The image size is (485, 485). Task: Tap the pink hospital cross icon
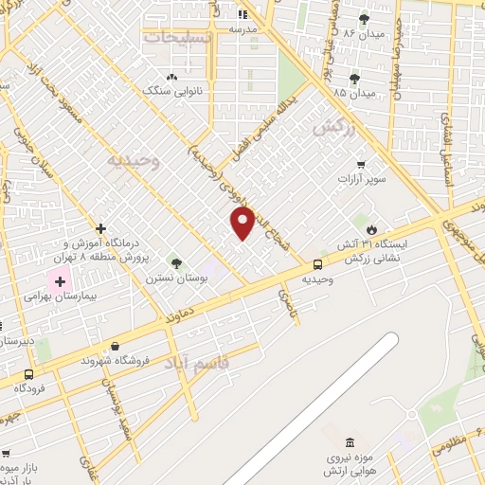coord(61,280)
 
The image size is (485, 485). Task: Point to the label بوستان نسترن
coord(169,278)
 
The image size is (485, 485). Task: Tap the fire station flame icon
coord(371,229)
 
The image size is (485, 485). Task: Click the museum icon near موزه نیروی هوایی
coord(351,443)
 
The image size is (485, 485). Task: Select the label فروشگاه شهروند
coord(114,361)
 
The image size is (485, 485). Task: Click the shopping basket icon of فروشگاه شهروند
coord(116,346)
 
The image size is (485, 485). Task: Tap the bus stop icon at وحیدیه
coord(316,265)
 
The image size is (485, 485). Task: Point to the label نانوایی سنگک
coord(169,91)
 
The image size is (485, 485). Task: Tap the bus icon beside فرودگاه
coord(29,374)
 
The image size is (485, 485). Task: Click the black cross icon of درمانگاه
coord(100,229)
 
